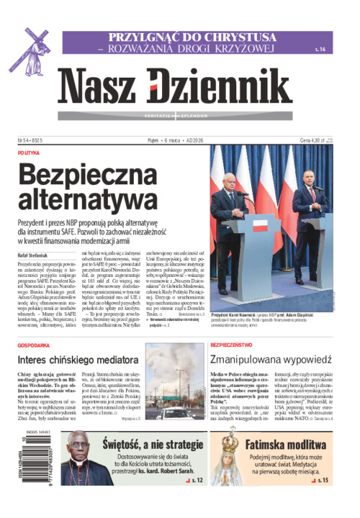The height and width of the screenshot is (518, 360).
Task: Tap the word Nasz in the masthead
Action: tap(97, 87)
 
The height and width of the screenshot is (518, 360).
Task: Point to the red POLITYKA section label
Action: tap(29, 153)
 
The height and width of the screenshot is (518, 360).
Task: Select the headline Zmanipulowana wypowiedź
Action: tap(270, 359)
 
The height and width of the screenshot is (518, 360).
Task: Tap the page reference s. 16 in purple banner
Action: tap(320, 49)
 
